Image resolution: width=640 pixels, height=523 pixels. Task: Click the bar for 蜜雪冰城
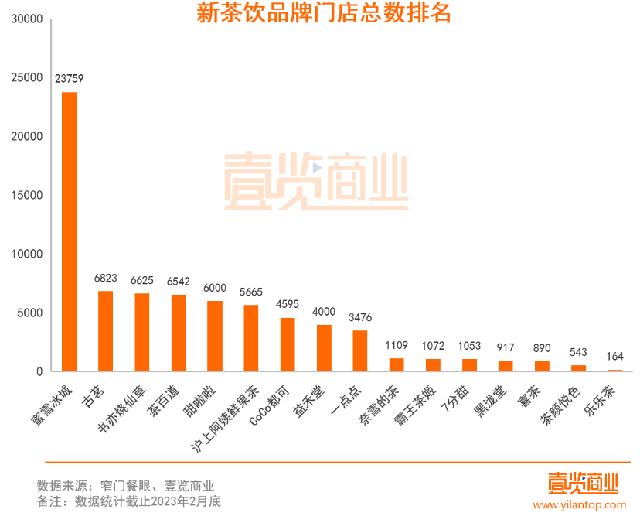tap(69, 232)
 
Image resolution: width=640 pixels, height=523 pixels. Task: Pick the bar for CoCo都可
tap(287, 344)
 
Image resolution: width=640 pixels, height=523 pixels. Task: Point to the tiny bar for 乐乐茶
tap(614, 370)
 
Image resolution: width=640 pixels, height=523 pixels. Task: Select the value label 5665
tap(250, 292)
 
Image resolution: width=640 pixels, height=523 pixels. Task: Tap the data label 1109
tap(396, 345)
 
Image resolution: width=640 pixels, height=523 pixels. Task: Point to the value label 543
tap(578, 352)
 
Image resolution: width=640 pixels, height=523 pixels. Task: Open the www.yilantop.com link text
tap(580, 504)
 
